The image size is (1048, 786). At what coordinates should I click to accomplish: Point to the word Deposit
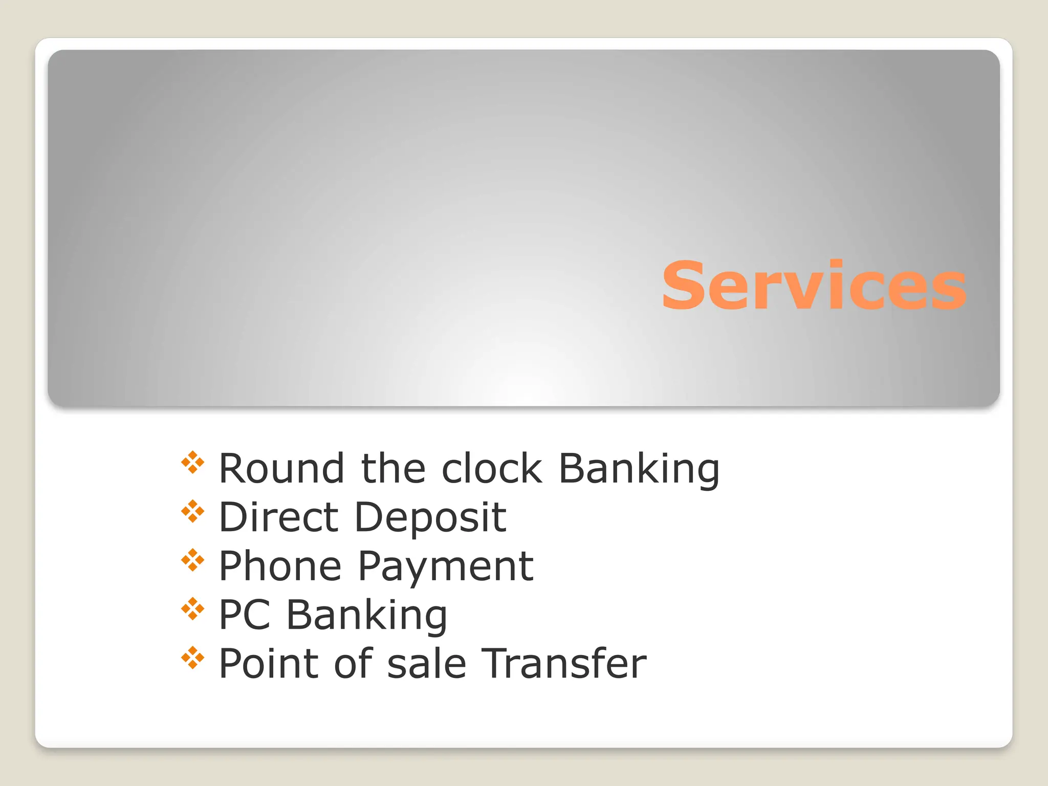click(x=430, y=518)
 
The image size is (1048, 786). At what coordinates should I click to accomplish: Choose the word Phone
click(x=280, y=566)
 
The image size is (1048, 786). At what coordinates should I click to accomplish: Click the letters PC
click(x=245, y=615)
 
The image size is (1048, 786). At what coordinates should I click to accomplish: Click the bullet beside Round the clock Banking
click(x=193, y=463)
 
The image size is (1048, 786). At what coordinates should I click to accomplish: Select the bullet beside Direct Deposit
click(x=193, y=511)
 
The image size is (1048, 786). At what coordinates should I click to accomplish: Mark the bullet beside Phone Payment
click(x=193, y=560)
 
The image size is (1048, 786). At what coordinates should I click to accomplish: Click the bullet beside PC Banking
click(x=193, y=609)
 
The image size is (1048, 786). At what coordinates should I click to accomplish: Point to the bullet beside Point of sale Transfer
click(x=193, y=658)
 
